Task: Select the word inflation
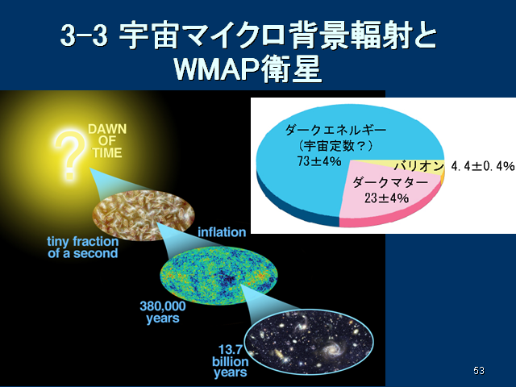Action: (222, 232)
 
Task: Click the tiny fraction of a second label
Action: (82, 248)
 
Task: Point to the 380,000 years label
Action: (163, 312)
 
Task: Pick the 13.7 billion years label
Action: (230, 361)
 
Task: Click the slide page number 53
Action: (479, 371)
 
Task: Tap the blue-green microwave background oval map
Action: (218, 276)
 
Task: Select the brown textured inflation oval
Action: (144, 215)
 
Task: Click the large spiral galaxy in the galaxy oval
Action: (331, 351)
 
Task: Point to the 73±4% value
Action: (319, 161)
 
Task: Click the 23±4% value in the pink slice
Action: (387, 198)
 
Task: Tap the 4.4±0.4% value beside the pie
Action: (482, 166)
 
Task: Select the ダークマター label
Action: (390, 182)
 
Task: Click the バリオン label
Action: (419, 166)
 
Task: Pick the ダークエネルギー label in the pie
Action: (335, 131)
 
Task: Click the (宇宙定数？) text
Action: (335, 146)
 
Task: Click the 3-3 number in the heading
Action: (84, 35)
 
